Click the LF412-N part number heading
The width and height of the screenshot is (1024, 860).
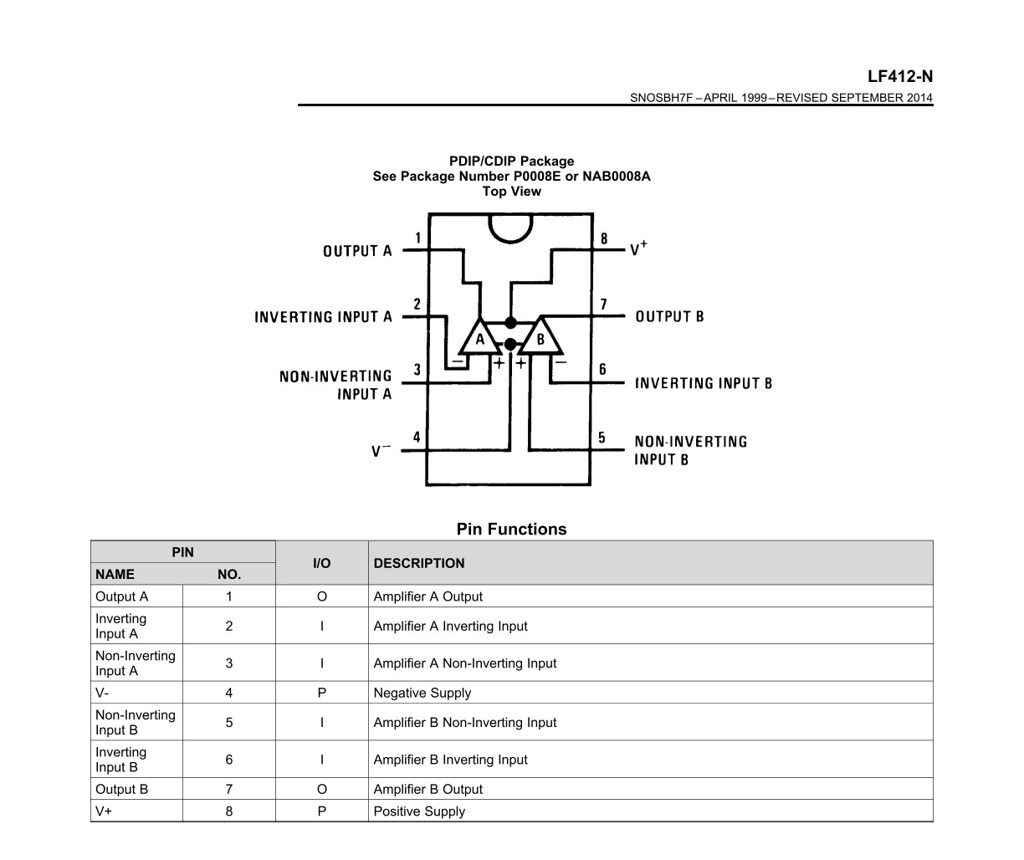pyautogui.click(x=900, y=76)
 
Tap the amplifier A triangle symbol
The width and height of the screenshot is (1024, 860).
pyautogui.click(x=479, y=337)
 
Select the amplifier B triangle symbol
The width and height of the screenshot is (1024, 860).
pyautogui.click(x=540, y=337)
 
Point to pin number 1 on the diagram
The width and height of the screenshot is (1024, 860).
pyautogui.click(x=417, y=238)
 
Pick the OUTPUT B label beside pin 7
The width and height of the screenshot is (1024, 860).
pyautogui.click(x=669, y=316)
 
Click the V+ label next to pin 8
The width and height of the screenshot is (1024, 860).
pyautogui.click(x=638, y=248)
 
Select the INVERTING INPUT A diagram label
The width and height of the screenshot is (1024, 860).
pyautogui.click(x=323, y=317)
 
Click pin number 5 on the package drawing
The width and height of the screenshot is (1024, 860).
pyautogui.click(x=602, y=438)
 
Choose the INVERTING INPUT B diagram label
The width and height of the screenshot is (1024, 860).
pyautogui.click(x=704, y=383)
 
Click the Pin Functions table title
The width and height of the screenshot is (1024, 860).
pyautogui.click(x=511, y=529)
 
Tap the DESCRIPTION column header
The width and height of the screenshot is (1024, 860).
pyautogui.click(x=419, y=563)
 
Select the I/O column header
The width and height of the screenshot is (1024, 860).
pyautogui.click(x=322, y=563)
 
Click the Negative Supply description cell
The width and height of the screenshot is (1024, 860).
pyautogui.click(x=422, y=693)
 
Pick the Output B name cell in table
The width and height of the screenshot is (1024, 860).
pyautogui.click(x=121, y=789)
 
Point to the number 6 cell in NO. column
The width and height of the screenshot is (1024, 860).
pyautogui.click(x=229, y=760)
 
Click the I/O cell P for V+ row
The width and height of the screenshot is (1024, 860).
pyautogui.click(x=322, y=811)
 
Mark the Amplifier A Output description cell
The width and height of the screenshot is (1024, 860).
pyautogui.click(x=428, y=596)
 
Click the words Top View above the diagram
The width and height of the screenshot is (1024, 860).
pyautogui.click(x=511, y=192)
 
